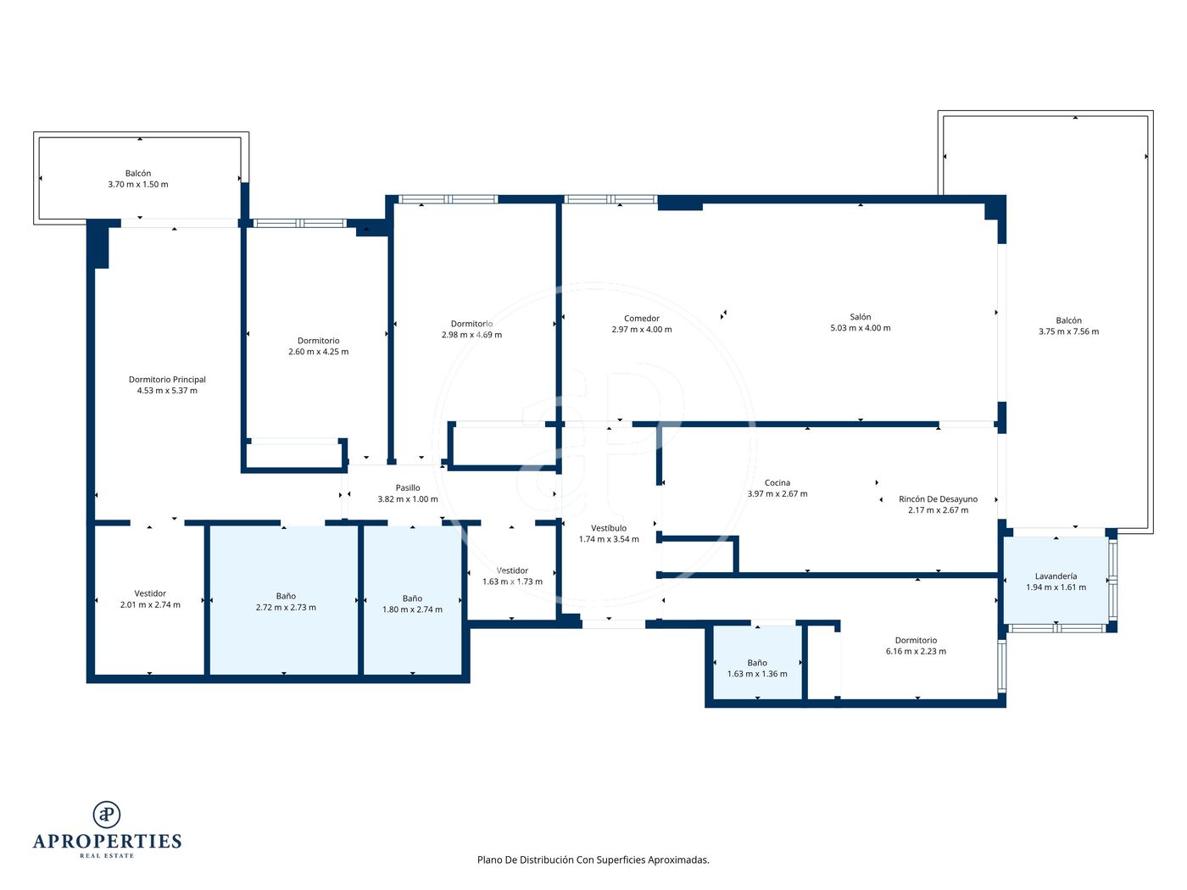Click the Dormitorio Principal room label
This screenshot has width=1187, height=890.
[167, 380]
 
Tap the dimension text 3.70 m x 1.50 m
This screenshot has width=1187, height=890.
[138, 184]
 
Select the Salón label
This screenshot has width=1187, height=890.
[860, 317]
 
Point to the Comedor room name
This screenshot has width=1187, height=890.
[641, 319]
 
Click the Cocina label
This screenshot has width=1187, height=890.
[777, 482]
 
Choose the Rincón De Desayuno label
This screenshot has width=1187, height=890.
[938, 498]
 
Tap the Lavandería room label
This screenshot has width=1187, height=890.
[1056, 576]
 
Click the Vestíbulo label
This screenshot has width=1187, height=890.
[609, 528]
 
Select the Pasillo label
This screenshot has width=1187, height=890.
[407, 487]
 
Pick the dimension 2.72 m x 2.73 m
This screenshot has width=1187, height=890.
[286, 607]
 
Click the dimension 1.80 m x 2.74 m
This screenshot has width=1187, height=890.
[412, 609]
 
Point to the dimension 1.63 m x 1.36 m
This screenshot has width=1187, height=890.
[757, 673]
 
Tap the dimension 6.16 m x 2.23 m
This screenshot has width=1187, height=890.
[916, 651]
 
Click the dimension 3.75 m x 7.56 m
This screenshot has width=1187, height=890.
[1068, 331]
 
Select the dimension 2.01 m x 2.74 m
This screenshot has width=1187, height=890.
[150, 604]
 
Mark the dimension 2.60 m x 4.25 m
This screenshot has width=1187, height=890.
[319, 351]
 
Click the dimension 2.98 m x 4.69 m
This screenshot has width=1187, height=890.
[471, 335]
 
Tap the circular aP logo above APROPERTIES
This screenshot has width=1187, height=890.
[107, 815]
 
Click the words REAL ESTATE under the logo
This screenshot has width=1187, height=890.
[107, 855]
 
